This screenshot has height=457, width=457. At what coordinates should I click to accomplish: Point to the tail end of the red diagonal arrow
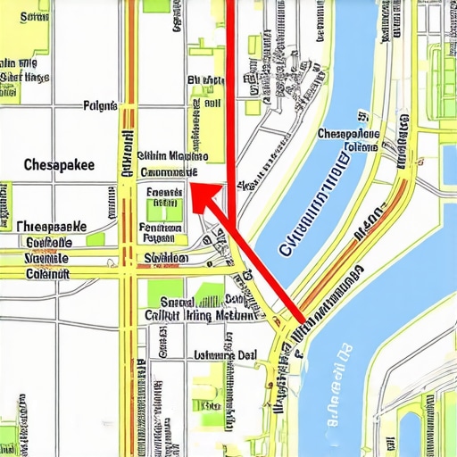(x=297, y=320)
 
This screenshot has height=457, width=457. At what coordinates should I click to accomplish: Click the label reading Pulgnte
(x=100, y=105)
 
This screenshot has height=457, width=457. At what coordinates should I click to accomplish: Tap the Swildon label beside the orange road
(x=165, y=259)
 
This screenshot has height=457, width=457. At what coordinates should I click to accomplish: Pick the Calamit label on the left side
(x=46, y=274)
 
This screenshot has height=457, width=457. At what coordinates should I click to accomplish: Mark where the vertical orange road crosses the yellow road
(x=131, y=265)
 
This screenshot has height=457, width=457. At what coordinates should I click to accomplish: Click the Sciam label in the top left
(x=34, y=16)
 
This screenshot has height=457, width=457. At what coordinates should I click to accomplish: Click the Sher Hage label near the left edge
(x=24, y=78)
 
